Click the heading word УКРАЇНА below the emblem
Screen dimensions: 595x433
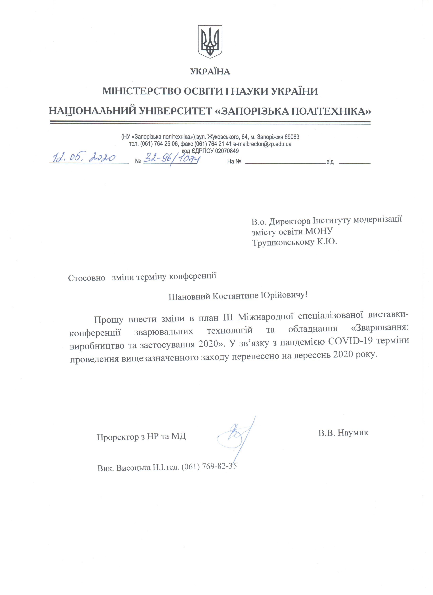210,72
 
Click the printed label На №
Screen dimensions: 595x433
234,162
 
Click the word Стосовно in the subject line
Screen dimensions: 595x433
87,278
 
